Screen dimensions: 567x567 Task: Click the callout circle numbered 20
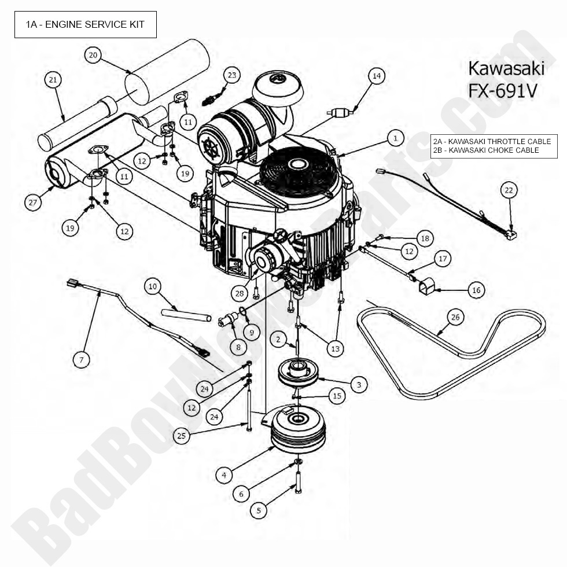[x=93, y=55]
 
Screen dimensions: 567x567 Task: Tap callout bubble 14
[x=376, y=75]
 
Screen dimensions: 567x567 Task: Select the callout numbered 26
[x=455, y=316]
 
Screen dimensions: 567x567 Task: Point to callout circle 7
[x=82, y=359]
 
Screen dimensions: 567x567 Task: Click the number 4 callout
[x=224, y=475]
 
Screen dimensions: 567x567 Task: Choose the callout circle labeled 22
[x=509, y=190]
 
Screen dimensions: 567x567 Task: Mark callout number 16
[x=476, y=290]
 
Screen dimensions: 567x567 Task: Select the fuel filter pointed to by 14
[x=340, y=113]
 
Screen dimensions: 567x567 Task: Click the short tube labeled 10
[x=186, y=316]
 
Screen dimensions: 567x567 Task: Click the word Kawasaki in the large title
[x=506, y=68]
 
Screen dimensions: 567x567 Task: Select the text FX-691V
[x=506, y=91]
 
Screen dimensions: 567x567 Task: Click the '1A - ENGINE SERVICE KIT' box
[x=85, y=24]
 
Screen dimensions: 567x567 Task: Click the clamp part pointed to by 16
[x=427, y=285]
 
